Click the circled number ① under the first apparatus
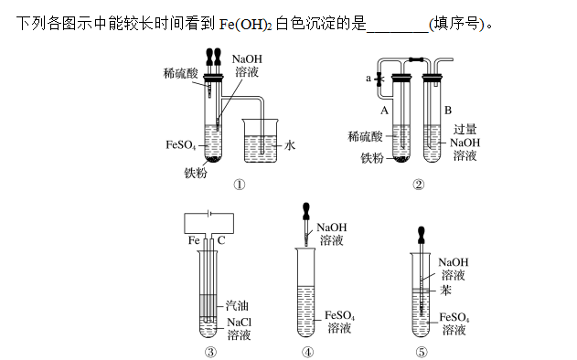pos(240,185)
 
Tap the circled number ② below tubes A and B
pos(419,185)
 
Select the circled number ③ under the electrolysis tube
pos(210,353)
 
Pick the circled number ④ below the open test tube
pos(307,353)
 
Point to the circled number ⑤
pos(422,353)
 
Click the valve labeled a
pos(379,79)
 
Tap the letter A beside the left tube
pos(384,111)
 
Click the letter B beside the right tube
pos(448,110)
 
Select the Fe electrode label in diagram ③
pos(194,240)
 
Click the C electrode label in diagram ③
pos(220,240)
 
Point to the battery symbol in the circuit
pos(209,213)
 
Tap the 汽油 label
pos(238,305)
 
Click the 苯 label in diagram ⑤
pos(445,291)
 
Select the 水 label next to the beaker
pos(290,145)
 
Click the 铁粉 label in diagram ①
pos(196,173)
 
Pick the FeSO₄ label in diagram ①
pos(181,145)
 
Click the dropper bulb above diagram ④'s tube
pos(305,211)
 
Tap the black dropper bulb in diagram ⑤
pos(422,235)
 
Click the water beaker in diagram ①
pos(261,141)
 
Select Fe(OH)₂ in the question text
pos(245,25)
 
